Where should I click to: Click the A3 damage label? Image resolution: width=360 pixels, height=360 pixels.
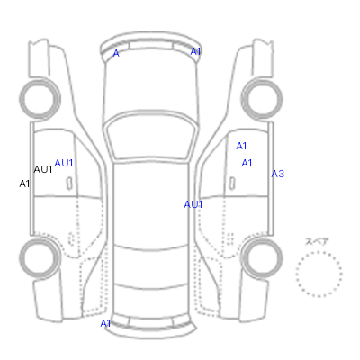tap(278, 174)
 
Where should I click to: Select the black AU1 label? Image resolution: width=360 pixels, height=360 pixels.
tap(43, 169)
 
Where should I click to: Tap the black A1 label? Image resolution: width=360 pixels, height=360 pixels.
tap(24, 184)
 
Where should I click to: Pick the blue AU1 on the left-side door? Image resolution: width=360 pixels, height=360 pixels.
tap(64, 163)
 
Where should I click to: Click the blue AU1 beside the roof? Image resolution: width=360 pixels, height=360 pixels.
tap(193, 204)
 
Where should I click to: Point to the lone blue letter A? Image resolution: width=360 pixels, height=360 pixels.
tap(116, 54)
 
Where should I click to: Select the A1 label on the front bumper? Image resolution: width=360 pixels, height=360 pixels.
tap(195, 51)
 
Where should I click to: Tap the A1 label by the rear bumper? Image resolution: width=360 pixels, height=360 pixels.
tap(105, 323)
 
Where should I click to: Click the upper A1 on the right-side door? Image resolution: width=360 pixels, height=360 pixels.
tap(241, 146)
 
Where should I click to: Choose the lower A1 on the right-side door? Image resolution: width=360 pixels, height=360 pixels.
tap(247, 163)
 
